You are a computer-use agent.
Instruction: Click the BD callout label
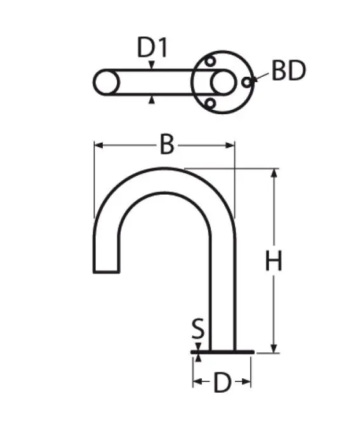(x=288, y=72)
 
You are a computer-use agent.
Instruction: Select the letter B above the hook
(x=166, y=145)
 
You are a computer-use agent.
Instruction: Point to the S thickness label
(x=199, y=329)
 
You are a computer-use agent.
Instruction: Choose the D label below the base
(x=222, y=383)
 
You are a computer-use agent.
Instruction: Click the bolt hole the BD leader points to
(x=246, y=82)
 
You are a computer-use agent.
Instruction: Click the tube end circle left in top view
(x=106, y=82)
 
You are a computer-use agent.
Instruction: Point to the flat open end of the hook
(x=106, y=272)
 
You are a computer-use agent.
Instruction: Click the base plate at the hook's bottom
(x=222, y=351)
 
